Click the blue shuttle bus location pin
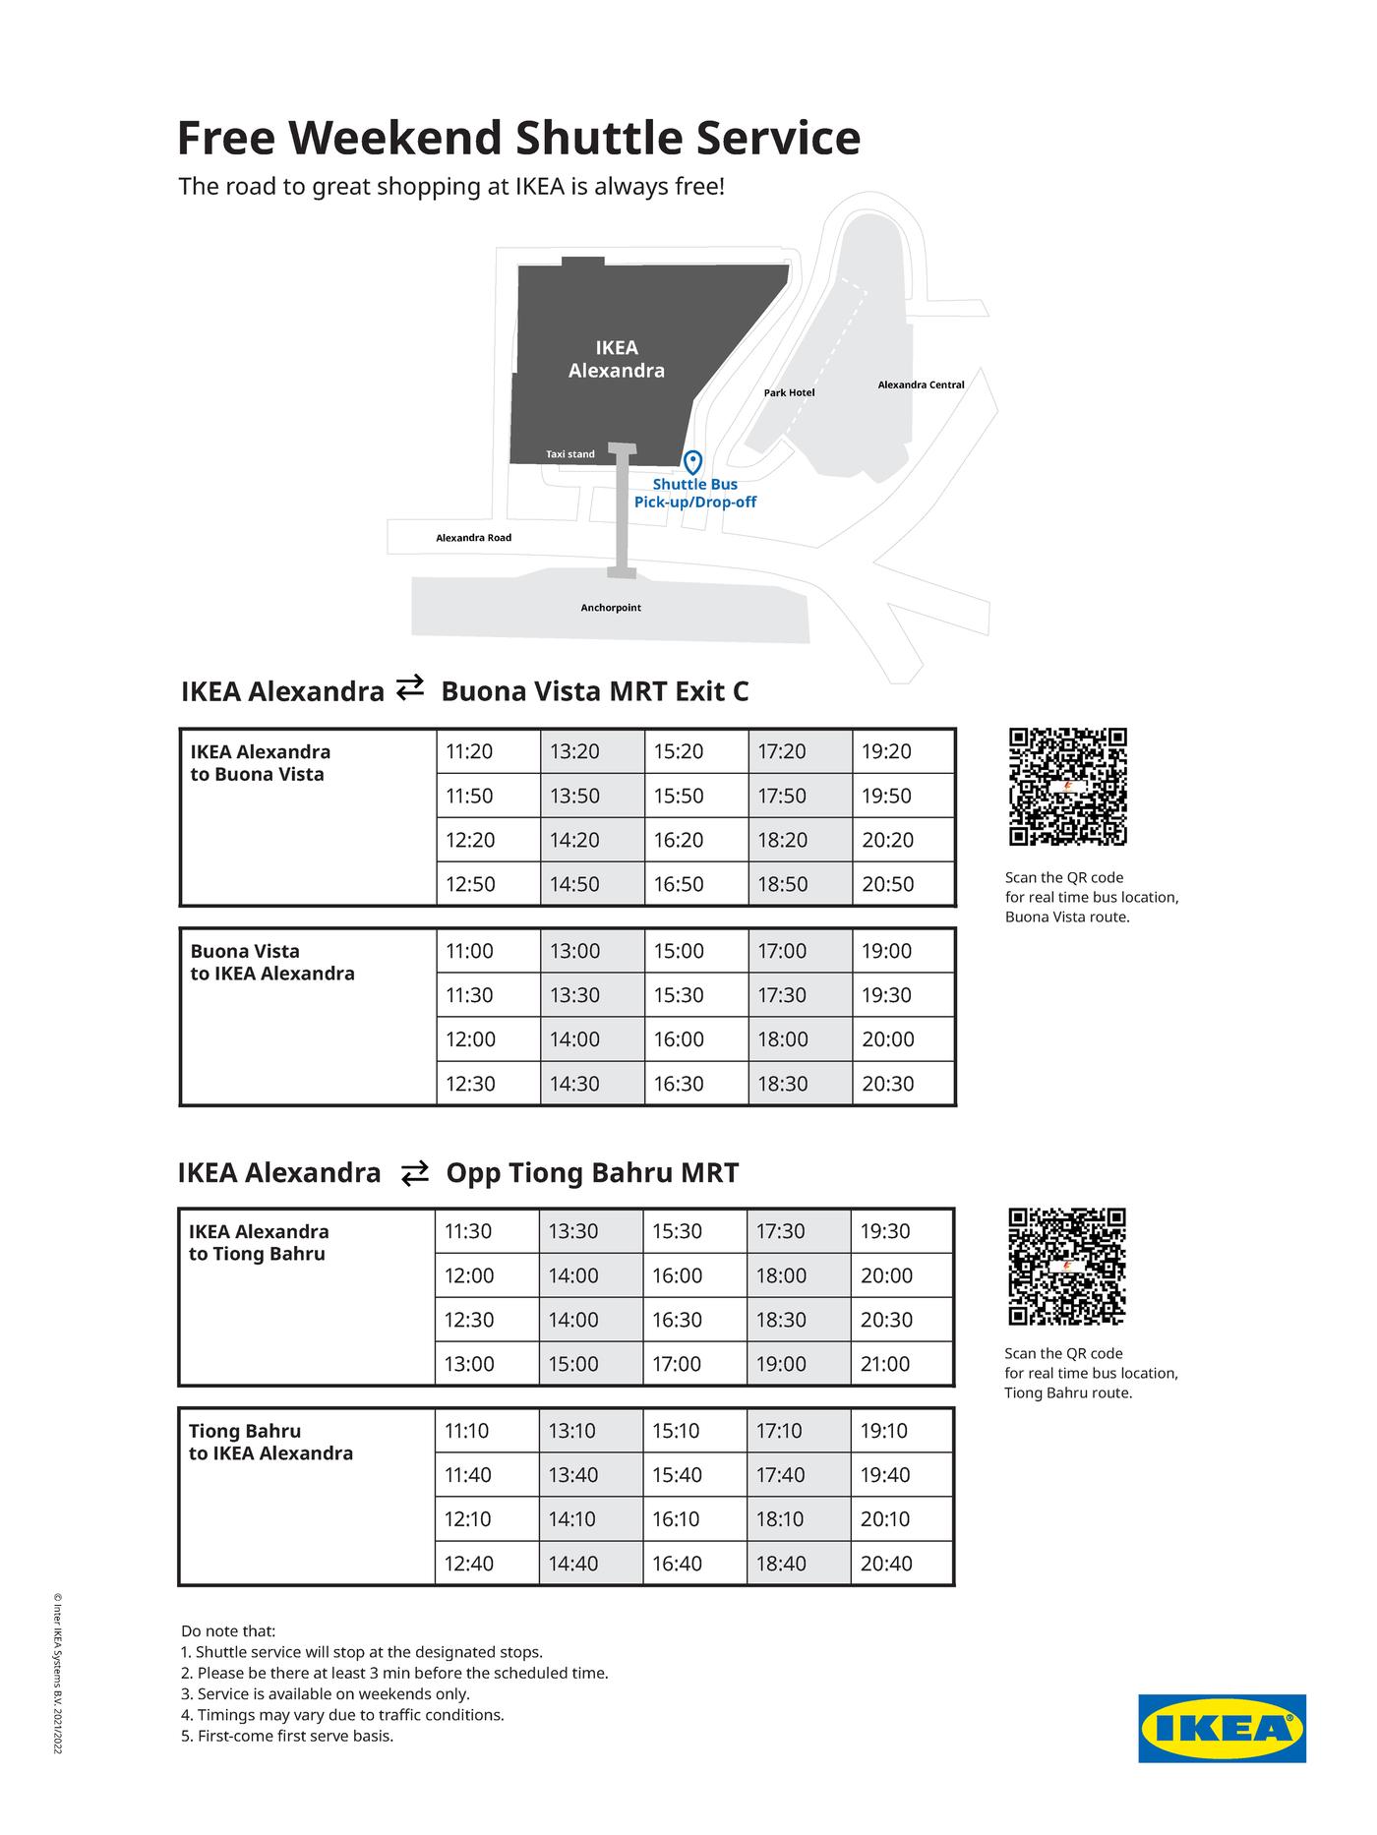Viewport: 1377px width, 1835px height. point(692,462)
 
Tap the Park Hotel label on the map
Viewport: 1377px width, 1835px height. point(789,392)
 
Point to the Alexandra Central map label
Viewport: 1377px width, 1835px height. point(921,385)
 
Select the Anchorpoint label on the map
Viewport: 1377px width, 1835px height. point(610,608)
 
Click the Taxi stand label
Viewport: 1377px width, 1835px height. point(570,454)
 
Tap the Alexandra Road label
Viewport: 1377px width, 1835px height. point(473,538)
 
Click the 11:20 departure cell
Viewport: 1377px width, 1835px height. point(469,751)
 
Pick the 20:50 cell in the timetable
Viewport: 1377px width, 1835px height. point(887,884)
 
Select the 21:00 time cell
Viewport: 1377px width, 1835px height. point(885,1364)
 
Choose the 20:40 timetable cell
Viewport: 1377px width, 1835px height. point(886,1564)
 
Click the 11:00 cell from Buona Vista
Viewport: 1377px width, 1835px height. point(469,951)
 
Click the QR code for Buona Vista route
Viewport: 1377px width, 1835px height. point(1067,787)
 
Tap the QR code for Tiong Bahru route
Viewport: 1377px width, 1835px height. point(1067,1267)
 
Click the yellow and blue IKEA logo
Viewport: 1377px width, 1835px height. point(1222,1728)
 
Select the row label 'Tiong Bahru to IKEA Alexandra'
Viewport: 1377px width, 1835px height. point(270,1442)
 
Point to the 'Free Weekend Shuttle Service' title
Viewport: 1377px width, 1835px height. point(518,138)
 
